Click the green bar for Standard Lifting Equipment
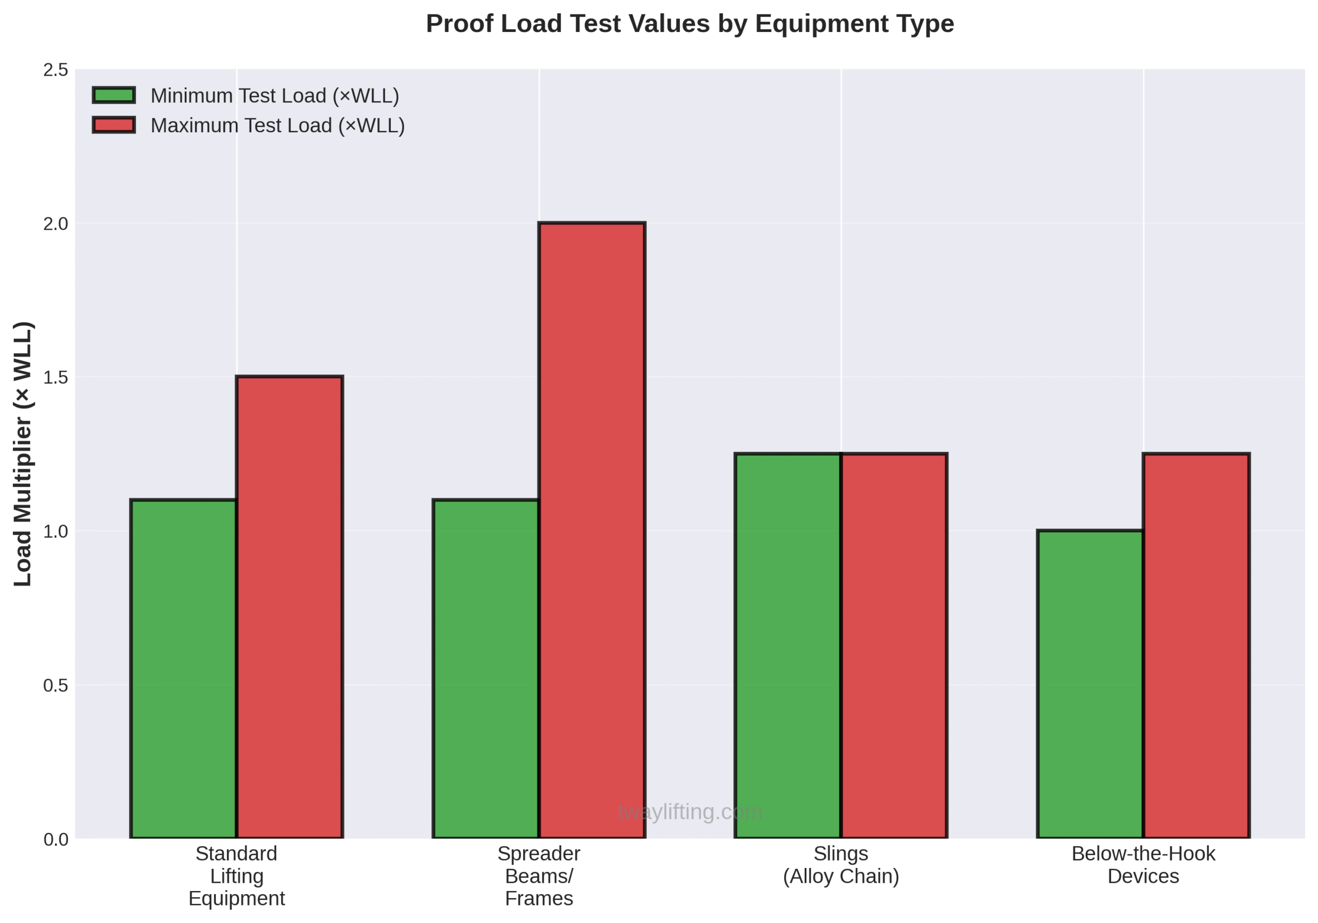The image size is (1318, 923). tap(184, 669)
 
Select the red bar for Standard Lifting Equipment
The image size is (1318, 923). tap(289, 607)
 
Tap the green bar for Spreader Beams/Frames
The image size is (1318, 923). tap(485, 669)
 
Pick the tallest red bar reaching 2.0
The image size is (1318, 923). tap(592, 530)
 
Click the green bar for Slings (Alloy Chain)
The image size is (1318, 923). tap(788, 646)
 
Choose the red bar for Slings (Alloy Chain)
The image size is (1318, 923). tap(894, 646)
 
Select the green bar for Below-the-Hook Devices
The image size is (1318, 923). tap(1090, 684)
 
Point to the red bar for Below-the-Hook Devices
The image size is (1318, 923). tap(1196, 646)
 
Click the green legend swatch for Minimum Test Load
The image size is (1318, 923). tap(114, 95)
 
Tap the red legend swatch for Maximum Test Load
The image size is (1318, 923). tap(114, 125)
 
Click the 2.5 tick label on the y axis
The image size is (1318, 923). tap(56, 70)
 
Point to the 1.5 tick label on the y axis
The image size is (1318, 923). tap(56, 378)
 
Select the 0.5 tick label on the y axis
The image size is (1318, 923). tap(56, 685)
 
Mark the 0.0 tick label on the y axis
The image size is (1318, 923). tap(56, 840)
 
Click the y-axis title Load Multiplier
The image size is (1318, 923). tap(23, 454)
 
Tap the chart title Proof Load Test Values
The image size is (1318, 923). tap(689, 24)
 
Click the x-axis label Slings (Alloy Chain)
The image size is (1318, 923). tap(841, 865)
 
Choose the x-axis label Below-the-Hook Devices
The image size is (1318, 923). tap(1143, 865)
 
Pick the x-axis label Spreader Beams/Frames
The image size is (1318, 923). tap(539, 876)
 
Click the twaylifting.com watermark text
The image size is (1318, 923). tap(689, 812)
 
